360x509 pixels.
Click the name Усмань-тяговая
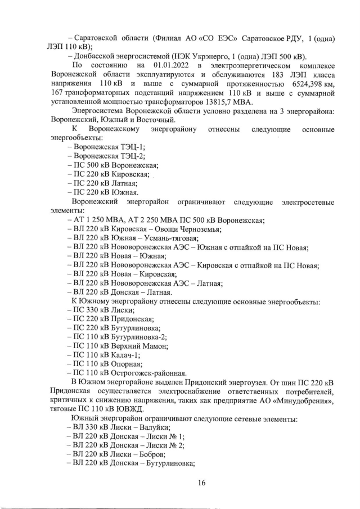click(x=163, y=238)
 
